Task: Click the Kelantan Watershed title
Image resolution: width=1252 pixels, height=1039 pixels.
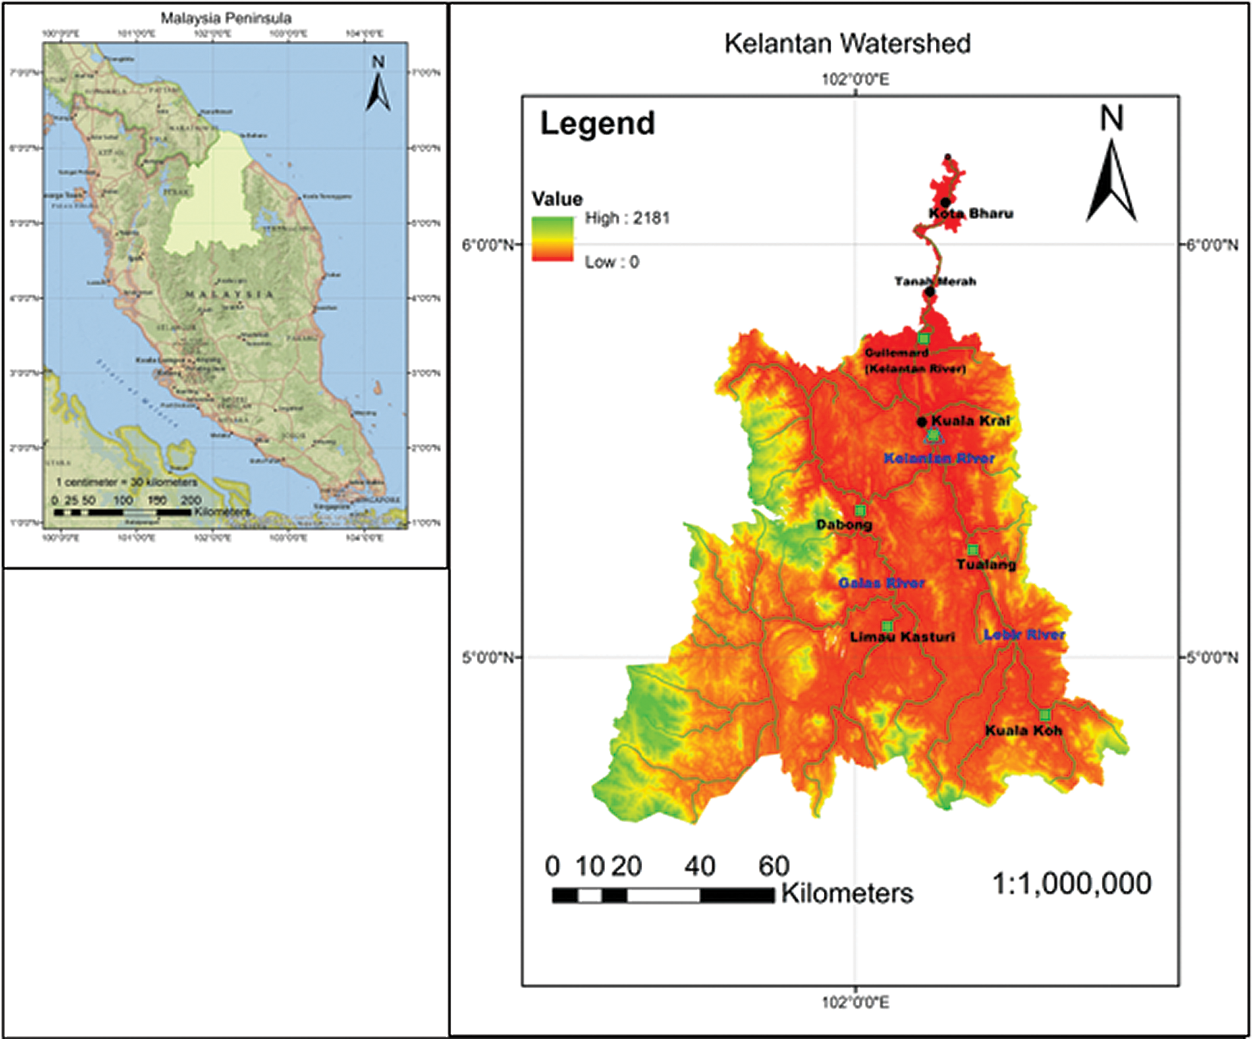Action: coord(847,44)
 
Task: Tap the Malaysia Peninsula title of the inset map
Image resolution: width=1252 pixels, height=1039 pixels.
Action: coord(226,19)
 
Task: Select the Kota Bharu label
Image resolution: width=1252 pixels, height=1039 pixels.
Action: coord(970,213)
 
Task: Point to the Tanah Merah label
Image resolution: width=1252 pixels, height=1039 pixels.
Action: coord(935,281)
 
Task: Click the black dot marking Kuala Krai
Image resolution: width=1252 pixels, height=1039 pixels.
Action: coord(922,422)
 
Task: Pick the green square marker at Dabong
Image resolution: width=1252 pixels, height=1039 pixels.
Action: coord(860,511)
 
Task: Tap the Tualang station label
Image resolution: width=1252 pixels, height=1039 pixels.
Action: coord(986,565)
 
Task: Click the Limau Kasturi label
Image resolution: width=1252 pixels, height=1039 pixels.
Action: coord(902,637)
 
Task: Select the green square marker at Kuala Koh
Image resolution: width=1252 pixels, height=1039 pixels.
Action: coord(1044,714)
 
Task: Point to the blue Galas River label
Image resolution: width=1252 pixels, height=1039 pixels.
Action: coord(881,583)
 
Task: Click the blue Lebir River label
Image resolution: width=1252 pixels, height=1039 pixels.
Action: coord(1024,634)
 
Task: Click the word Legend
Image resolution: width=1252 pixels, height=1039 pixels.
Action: coord(597,123)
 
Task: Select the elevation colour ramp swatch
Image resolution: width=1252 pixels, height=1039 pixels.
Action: coord(552,238)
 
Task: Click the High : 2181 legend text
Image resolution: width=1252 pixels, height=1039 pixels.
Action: coord(627,218)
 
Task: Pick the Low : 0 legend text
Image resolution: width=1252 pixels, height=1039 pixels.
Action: coord(611,262)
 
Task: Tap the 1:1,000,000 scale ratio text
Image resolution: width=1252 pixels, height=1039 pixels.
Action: coord(1071,883)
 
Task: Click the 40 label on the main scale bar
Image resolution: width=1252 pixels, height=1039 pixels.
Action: coord(699,867)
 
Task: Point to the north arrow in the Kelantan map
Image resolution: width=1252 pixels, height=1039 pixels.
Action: coord(1111,165)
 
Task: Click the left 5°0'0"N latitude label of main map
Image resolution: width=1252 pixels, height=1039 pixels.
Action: coord(488,657)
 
